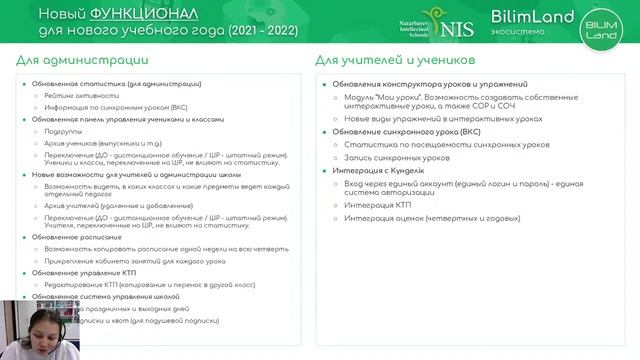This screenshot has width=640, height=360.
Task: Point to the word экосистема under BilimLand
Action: pos(519,31)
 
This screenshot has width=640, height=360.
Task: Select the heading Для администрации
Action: pos(67,61)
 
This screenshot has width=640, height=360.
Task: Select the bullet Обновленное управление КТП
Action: pos(84,272)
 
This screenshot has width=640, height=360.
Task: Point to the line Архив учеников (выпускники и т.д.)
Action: pos(104,143)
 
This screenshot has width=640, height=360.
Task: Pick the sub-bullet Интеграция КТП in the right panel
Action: pos(377,204)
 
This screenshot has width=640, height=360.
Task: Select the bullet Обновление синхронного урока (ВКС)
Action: pos(406,131)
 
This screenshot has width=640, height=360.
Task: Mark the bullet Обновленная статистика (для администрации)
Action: pos(116,84)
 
